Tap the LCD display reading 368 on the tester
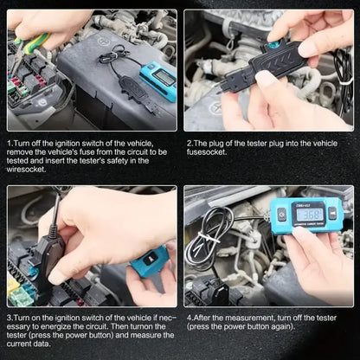point(312,214)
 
